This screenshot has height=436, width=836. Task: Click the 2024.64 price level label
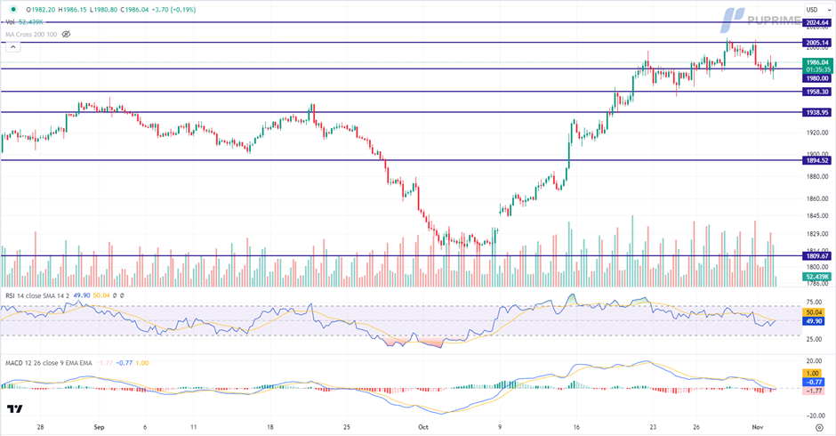[817, 21]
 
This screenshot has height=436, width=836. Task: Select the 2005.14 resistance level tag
[817, 42]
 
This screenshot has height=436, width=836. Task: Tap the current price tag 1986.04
[817, 62]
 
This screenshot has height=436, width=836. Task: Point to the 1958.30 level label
[817, 92]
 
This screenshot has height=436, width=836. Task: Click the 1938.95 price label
[817, 112]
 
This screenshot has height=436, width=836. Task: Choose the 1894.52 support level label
[817, 160]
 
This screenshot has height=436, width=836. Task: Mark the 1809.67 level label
[817, 256]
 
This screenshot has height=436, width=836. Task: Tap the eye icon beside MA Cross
[66, 34]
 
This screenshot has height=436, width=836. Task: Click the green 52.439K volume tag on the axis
[817, 277]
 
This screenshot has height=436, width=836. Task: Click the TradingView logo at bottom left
[15, 409]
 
